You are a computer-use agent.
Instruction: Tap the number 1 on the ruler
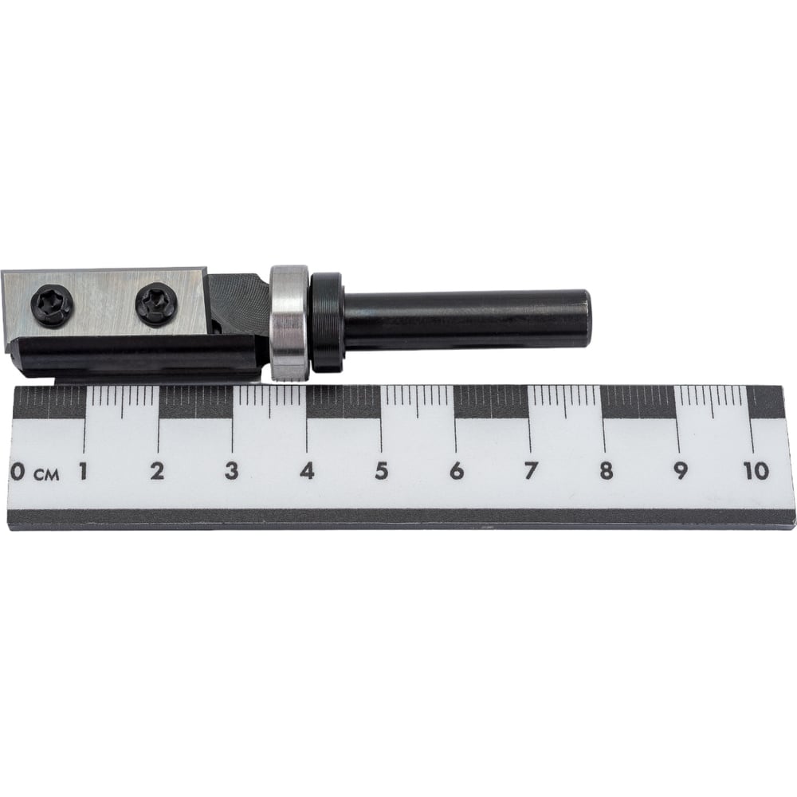click(82, 471)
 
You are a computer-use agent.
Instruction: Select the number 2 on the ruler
click(158, 471)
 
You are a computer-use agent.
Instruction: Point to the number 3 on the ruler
click(232, 471)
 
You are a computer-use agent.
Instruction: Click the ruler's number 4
click(307, 471)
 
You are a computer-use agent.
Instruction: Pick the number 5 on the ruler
click(381, 471)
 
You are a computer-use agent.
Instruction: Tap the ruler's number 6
click(457, 471)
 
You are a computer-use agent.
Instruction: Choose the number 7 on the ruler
click(530, 471)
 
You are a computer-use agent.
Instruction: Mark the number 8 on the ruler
click(606, 471)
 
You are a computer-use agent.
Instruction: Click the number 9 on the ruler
click(680, 471)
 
